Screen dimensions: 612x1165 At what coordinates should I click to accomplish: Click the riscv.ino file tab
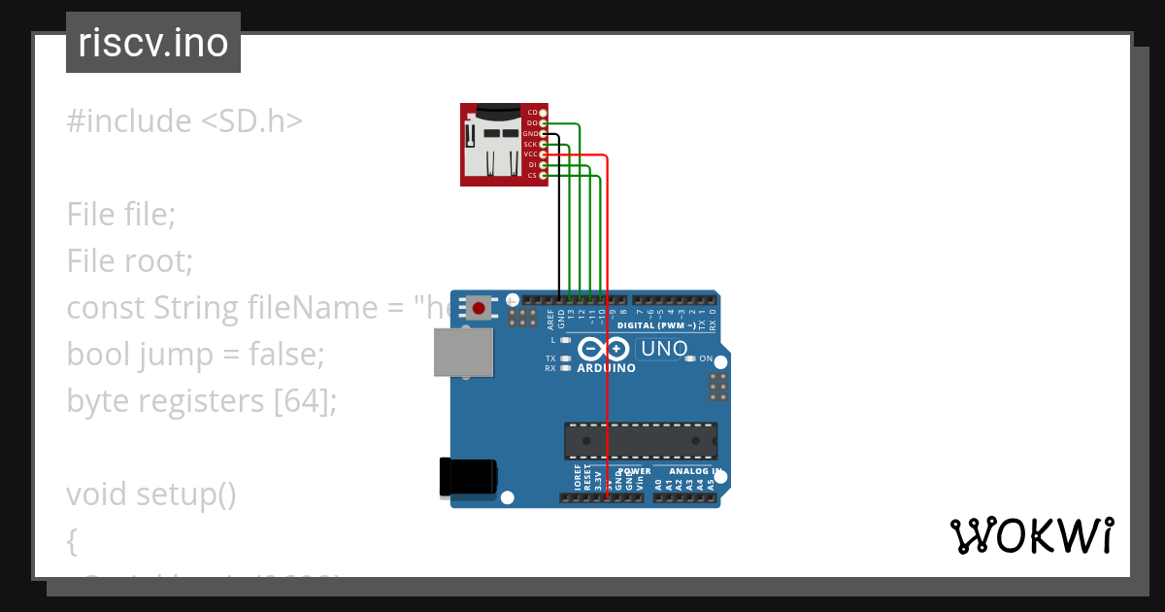coord(153,43)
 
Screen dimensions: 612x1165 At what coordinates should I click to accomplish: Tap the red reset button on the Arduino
coord(479,309)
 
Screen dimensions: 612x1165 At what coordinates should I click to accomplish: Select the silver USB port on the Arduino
coord(464,352)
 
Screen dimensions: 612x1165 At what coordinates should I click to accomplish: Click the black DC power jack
coord(469,477)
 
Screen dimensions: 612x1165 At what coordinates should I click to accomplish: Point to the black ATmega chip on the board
coord(641,440)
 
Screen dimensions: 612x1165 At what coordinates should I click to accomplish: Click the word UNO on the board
coord(664,349)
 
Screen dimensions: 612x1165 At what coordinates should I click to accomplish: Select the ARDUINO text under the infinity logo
coord(606,369)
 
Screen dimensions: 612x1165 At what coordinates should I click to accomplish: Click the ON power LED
coord(691,358)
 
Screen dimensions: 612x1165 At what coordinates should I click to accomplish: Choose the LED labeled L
coord(564,340)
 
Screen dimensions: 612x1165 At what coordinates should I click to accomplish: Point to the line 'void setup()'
coord(151,494)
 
